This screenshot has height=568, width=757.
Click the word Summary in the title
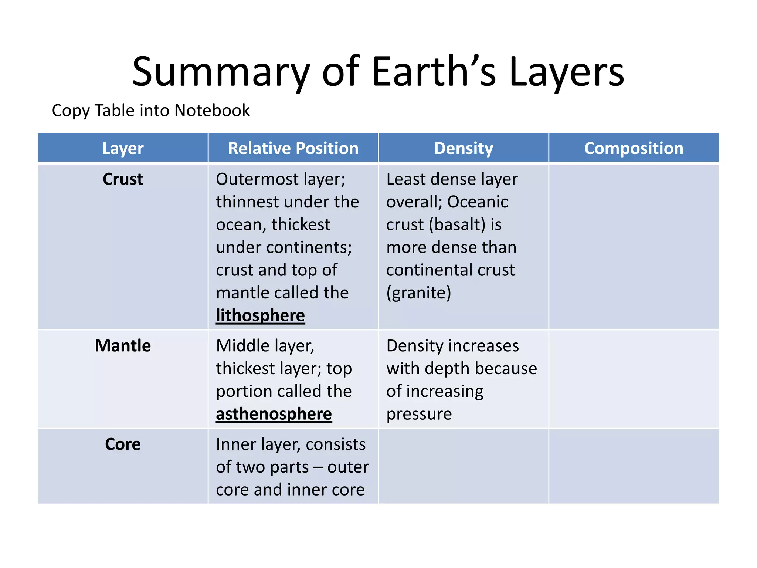(221, 72)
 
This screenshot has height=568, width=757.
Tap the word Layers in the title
(567, 72)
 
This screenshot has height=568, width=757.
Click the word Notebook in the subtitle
(212, 111)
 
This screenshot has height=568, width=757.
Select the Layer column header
(123, 148)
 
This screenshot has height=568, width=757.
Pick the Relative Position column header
(293, 148)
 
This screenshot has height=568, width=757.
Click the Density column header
(464, 148)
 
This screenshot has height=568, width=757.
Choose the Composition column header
(634, 148)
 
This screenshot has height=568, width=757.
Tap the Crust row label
(123, 179)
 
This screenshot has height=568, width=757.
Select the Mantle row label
(123, 346)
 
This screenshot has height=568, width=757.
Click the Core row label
(123, 444)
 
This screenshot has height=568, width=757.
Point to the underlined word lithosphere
(260, 316)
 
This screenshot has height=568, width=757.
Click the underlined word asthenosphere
(274, 414)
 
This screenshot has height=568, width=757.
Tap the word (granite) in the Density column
(419, 293)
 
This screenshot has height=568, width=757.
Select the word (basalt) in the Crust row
(457, 225)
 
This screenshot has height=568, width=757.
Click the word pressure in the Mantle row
(419, 414)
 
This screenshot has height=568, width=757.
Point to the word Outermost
(257, 179)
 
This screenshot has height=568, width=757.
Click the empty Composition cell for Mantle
(634, 379)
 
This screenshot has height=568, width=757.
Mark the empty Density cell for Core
(464, 466)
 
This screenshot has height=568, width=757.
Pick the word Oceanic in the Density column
(478, 202)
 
